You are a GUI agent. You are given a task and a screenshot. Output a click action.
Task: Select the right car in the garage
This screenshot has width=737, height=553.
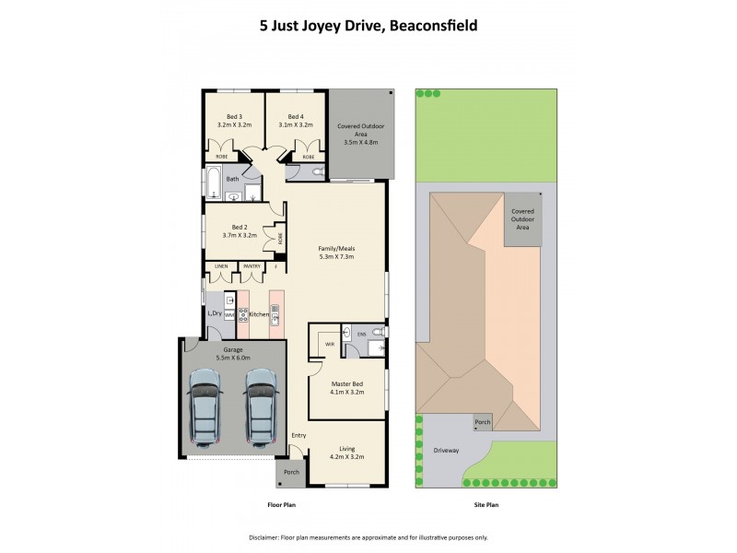(x=261, y=407)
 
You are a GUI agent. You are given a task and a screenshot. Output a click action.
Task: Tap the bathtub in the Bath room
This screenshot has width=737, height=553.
(x=213, y=184)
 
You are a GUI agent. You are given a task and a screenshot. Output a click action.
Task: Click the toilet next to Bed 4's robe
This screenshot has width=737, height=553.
(x=316, y=172)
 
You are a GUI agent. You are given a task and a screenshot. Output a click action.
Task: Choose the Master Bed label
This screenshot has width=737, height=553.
(x=346, y=384)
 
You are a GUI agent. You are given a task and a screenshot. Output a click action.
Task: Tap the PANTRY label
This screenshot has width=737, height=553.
(x=252, y=266)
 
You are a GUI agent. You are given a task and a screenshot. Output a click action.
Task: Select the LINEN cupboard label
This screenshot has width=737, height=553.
(x=221, y=266)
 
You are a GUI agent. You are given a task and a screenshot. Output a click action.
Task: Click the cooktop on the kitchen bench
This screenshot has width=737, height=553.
(x=244, y=312)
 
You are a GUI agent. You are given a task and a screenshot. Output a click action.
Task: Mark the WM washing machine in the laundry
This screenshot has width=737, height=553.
(x=228, y=315)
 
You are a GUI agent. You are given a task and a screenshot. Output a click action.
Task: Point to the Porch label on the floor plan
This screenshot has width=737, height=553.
(x=291, y=472)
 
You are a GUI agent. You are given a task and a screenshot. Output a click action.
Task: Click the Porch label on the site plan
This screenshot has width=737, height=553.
(x=483, y=423)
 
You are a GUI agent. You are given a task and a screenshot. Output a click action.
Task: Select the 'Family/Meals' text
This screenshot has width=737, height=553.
(x=336, y=250)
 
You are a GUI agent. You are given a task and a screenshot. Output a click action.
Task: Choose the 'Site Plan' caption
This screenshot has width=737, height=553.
(x=485, y=505)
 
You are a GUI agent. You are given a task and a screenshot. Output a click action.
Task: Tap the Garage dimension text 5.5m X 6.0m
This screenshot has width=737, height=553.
(x=233, y=358)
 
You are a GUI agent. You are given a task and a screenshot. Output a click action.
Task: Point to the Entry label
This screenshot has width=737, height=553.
(x=299, y=435)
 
